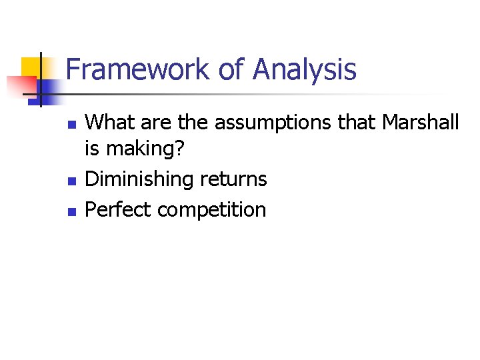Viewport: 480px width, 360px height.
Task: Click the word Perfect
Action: point(116,210)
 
